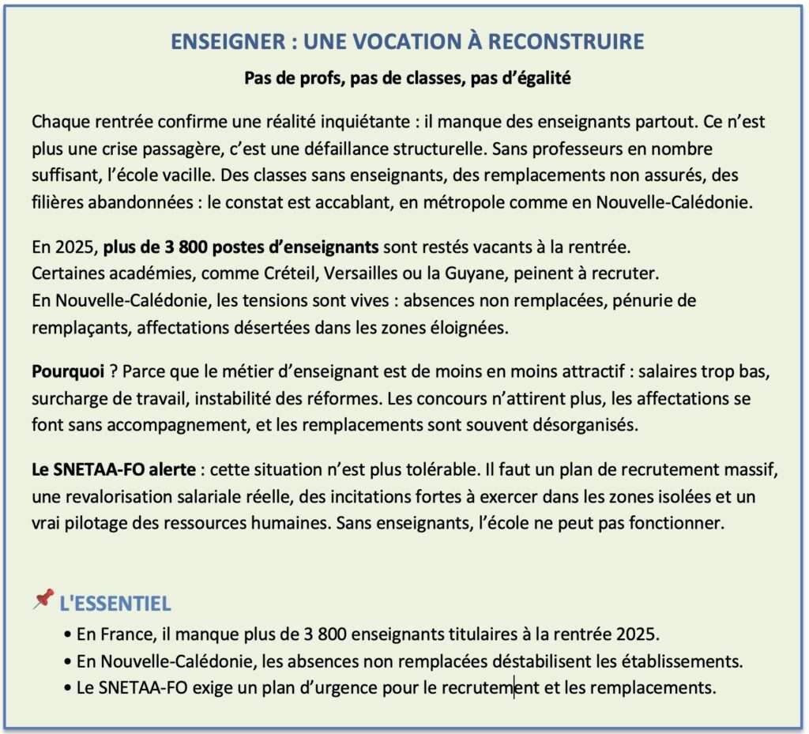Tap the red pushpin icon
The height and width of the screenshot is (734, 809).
[43, 599]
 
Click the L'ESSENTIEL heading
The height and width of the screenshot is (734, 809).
[115, 604]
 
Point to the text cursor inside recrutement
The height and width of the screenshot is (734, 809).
[514, 687]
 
